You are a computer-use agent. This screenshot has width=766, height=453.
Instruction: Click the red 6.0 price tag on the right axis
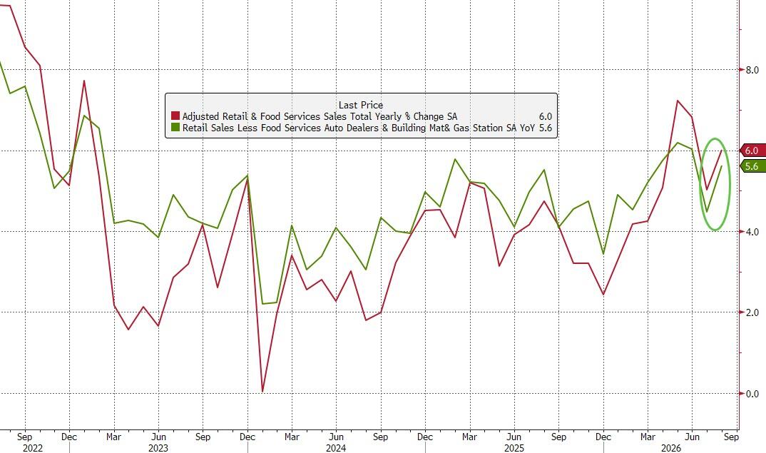tap(752, 151)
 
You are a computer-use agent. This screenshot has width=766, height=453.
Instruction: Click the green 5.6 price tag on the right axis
tap(752, 166)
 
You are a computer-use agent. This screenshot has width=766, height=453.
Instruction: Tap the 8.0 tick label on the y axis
tap(752, 70)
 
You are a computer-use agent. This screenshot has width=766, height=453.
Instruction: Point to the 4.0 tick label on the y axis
tap(752, 232)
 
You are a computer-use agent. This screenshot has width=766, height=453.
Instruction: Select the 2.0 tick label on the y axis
tap(752, 312)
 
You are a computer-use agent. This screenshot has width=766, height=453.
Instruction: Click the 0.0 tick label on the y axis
tap(752, 393)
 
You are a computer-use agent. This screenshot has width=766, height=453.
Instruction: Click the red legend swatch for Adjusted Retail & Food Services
tap(175, 116)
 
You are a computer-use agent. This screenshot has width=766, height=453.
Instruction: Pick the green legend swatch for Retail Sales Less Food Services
tap(175, 128)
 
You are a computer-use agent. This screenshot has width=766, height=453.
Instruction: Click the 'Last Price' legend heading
tap(360, 105)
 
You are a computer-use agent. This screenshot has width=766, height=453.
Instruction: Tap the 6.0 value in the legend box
tap(545, 116)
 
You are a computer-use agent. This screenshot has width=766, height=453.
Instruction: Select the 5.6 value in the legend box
tap(545, 128)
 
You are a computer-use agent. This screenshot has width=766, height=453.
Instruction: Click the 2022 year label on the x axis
tap(33, 448)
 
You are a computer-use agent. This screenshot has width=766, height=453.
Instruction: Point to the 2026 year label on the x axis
tap(670, 448)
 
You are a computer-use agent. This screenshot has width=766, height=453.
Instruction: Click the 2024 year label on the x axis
tap(336, 448)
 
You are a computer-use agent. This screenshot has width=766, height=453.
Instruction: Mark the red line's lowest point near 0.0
tap(263, 392)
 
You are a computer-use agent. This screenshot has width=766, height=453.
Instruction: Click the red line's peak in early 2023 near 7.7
tap(84, 81)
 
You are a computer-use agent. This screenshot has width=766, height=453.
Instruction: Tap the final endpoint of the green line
tap(722, 166)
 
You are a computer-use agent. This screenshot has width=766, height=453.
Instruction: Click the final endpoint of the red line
tap(722, 151)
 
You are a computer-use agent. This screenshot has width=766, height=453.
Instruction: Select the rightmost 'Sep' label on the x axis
tap(731, 437)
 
